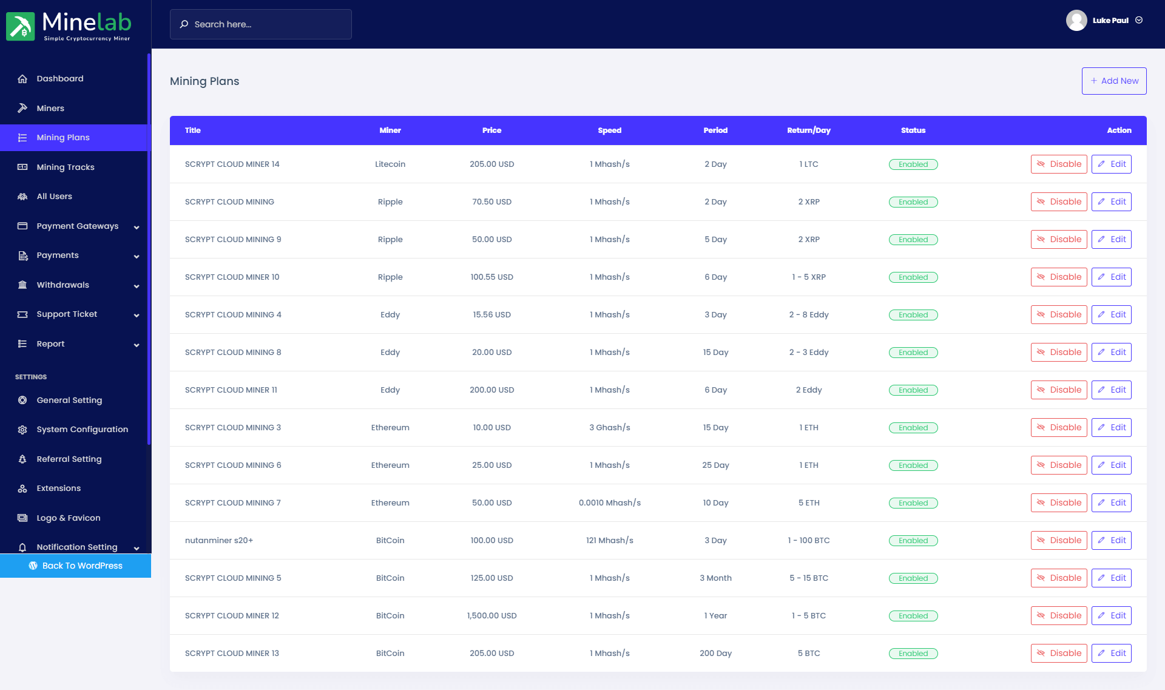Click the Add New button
(1113, 81)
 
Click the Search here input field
(261, 24)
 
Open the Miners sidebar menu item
(50, 108)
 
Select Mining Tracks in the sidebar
(66, 167)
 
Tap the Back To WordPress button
(75, 566)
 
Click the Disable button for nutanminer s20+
(1058, 540)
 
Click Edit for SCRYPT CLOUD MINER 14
(1111, 164)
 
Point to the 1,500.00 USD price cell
(491, 615)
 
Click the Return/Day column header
(808, 130)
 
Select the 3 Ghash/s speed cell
(609, 427)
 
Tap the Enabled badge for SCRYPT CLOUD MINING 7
(913, 503)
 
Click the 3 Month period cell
(715, 578)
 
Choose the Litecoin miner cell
(390, 164)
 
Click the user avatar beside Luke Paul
(1076, 20)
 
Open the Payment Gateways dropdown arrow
(137, 227)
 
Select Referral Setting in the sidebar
(69, 459)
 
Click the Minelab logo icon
(21, 27)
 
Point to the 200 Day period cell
(715, 653)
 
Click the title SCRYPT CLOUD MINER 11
(231, 390)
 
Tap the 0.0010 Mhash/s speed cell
(609, 502)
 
